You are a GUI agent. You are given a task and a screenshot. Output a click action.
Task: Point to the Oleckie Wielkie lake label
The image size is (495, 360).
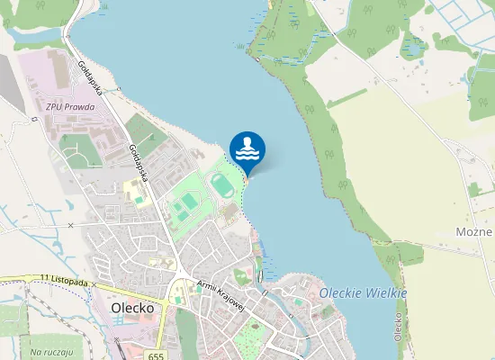pos(363,293)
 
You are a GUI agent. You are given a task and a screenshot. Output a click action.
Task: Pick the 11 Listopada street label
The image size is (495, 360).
pos(64,282)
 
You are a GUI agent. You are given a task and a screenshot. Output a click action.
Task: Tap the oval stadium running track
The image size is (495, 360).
pos(221,186)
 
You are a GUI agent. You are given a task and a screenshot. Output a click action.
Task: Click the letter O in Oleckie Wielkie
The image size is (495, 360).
pos(324,293)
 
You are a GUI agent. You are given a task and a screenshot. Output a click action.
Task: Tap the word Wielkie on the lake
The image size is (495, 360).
pos(387,293)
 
